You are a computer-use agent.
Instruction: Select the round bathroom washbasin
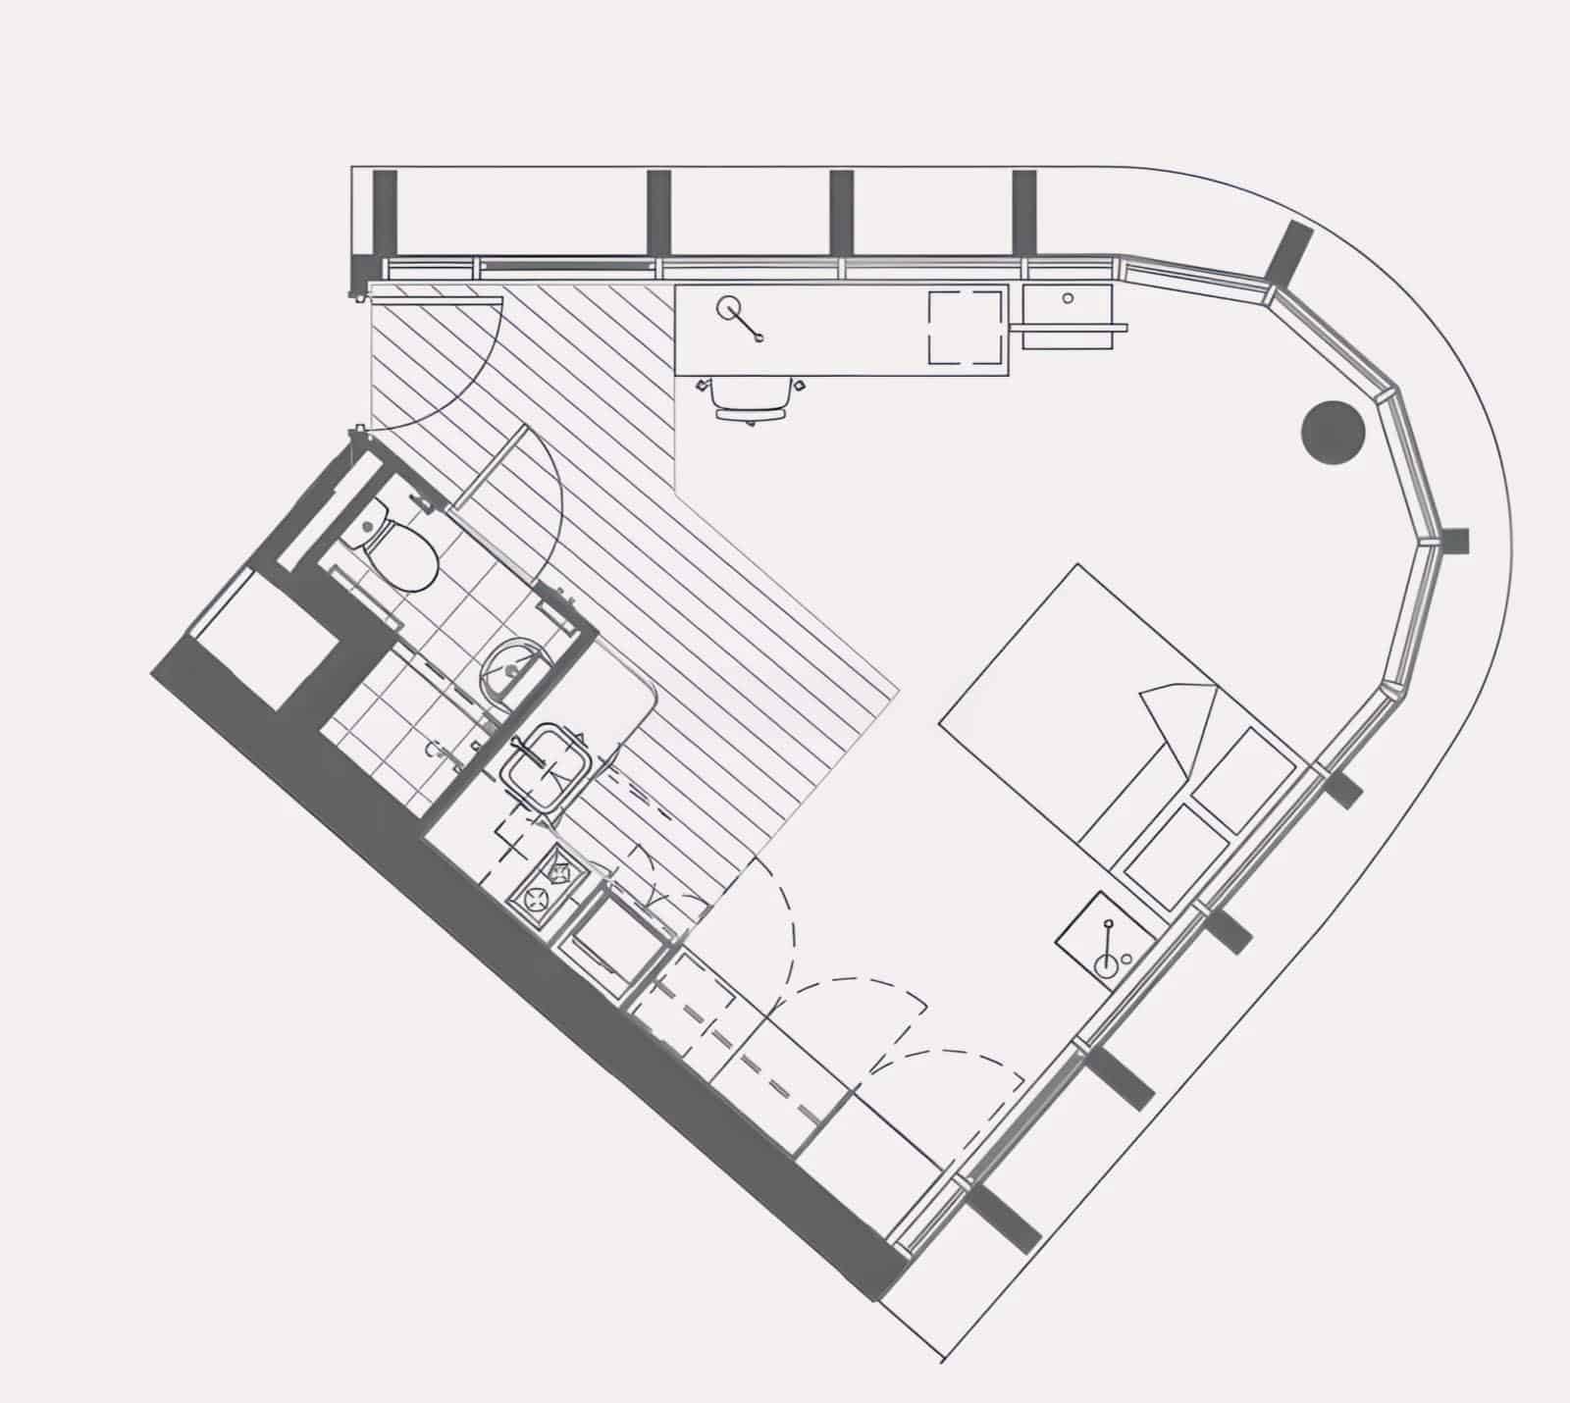click(511, 669)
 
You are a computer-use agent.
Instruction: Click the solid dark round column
click(1334, 433)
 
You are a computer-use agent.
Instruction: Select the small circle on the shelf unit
click(1067, 296)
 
